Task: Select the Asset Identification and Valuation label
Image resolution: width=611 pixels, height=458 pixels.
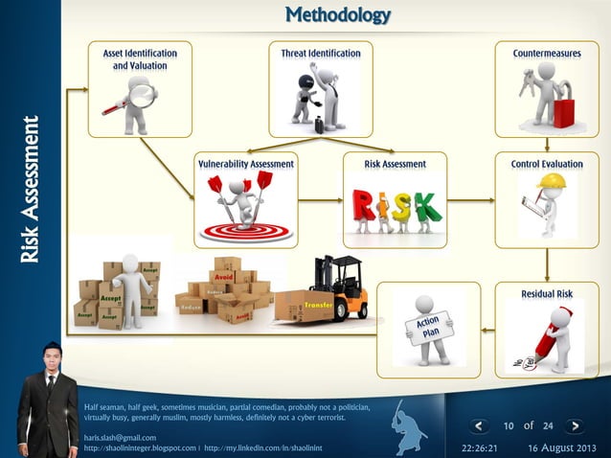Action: point(140,59)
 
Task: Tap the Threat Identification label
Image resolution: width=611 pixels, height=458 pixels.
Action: point(321,54)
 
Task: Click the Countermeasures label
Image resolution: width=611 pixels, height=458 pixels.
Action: point(546,54)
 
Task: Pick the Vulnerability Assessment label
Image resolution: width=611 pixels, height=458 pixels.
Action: point(246,165)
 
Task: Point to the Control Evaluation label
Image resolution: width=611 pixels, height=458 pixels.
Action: point(547,165)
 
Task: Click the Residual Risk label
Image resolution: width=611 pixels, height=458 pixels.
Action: point(547,293)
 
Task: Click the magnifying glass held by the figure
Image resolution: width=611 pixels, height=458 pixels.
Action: point(142,94)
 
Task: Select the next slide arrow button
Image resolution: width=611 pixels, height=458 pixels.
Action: point(573,426)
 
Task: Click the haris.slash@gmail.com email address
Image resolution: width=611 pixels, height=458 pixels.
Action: point(120,437)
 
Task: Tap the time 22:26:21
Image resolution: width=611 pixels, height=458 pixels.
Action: point(479,447)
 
